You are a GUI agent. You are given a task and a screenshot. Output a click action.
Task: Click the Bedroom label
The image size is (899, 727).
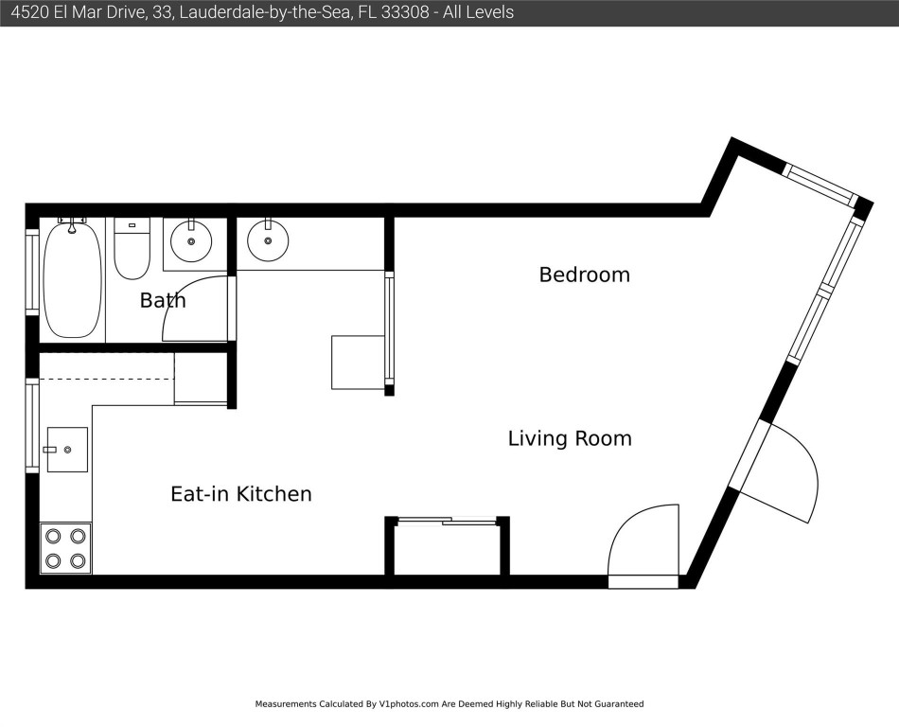click(x=584, y=275)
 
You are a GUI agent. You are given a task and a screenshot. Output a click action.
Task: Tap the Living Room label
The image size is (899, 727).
click(x=570, y=438)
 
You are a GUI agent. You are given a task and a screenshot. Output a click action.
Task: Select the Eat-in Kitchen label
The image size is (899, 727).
click(x=240, y=493)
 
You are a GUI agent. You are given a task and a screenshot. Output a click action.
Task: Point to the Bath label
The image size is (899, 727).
click(x=163, y=300)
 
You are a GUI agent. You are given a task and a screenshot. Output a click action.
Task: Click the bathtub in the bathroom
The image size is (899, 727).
click(x=72, y=280)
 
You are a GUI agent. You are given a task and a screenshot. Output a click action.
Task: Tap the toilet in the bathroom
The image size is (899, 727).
click(x=132, y=248)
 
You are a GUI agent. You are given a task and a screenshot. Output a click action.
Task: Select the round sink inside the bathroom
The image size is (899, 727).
click(x=191, y=240)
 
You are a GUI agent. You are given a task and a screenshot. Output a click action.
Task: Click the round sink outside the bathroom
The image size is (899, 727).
click(x=268, y=240)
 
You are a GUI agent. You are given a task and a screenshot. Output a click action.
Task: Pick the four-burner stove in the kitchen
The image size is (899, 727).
click(x=65, y=548)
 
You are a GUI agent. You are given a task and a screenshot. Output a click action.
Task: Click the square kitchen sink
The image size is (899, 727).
click(x=67, y=450)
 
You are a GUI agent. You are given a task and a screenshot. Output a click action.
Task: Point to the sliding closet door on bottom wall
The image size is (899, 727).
click(x=448, y=521)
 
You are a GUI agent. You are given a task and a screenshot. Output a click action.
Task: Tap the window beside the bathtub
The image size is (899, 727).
click(x=32, y=271)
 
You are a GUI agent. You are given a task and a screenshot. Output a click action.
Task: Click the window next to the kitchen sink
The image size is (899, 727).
click(x=32, y=425)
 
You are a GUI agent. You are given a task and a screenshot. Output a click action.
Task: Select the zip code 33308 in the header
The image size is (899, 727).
click(x=405, y=12)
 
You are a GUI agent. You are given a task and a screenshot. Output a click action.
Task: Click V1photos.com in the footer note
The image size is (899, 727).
click(x=409, y=704)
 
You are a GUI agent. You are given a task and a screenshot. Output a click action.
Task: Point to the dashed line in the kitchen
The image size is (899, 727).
click(x=107, y=379)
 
